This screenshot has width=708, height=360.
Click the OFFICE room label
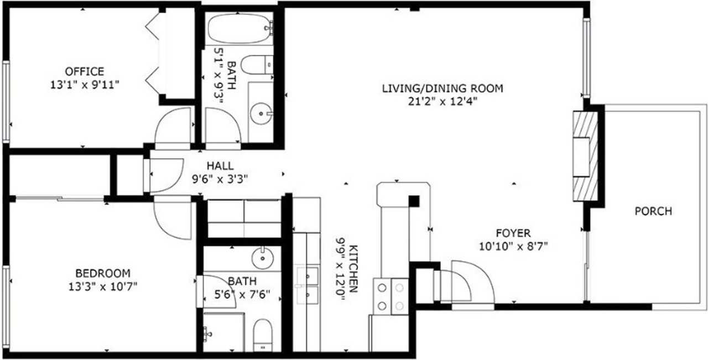pos(84,71)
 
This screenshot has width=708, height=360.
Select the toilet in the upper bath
pos(257,65)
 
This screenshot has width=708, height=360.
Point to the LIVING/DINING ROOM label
pos(442,88)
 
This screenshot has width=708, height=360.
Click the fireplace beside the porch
pos(585,156)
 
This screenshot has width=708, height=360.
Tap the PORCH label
pos(653,211)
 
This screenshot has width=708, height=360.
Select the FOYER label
pos(513,233)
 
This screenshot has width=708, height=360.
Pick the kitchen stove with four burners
pos(391,296)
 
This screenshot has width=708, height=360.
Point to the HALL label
pos(220,166)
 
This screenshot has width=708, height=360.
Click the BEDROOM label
pos(103,273)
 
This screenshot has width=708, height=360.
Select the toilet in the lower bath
pos(263,335)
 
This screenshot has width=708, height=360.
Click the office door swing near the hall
pos(173,128)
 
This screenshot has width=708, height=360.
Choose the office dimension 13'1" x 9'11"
pos(84,84)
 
